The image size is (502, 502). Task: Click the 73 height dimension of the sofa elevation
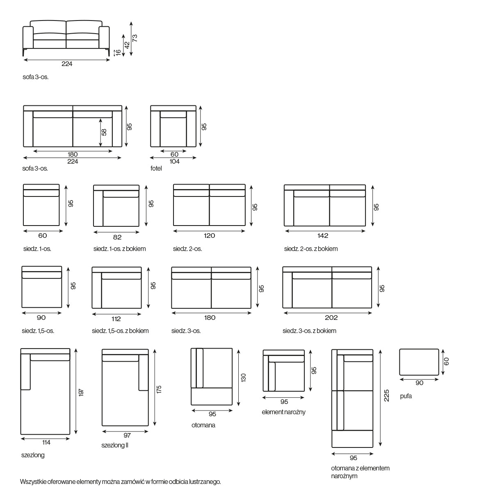point(135,38)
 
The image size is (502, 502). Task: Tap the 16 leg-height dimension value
point(118,52)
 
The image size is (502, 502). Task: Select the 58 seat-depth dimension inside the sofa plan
point(104,132)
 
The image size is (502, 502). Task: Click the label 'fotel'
point(156,169)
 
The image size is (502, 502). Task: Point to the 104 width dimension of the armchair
point(175,162)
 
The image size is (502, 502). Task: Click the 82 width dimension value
point(117,237)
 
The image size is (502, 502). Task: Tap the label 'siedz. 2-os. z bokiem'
point(311,249)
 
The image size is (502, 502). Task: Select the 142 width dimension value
point(323,235)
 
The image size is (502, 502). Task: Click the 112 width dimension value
point(116,319)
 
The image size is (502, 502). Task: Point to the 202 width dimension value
point(331,317)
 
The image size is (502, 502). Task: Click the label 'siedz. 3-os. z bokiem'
point(310,331)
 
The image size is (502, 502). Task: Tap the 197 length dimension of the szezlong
point(81,392)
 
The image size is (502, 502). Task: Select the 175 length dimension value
point(159,389)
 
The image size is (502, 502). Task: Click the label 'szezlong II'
point(115,445)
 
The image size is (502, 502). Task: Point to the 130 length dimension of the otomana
point(243,377)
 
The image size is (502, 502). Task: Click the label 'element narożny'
point(283,412)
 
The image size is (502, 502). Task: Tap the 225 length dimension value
point(387,395)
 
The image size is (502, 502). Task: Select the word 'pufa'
point(406,396)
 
